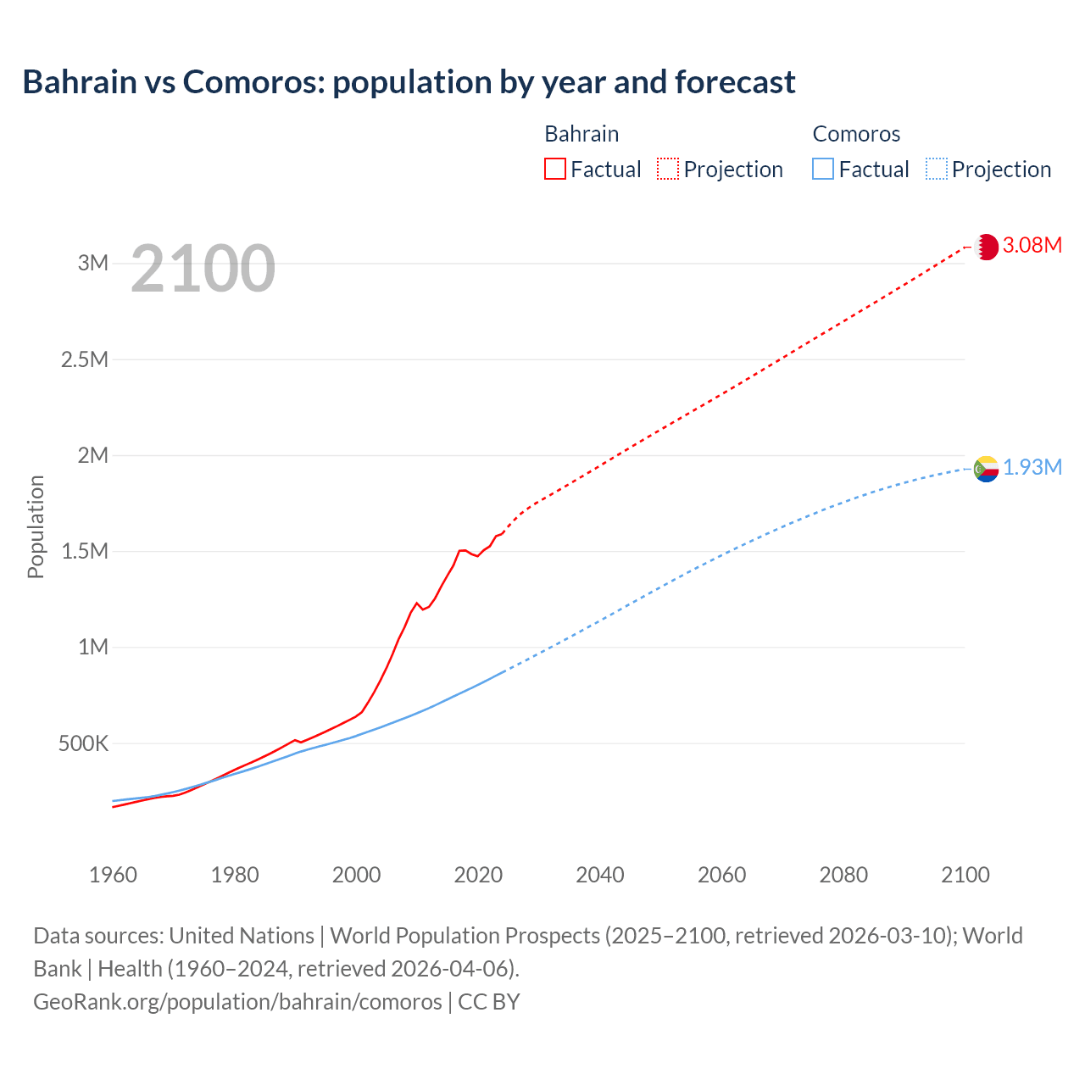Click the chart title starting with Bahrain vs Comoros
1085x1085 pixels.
pos(409,82)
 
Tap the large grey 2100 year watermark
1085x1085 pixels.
pos(203,269)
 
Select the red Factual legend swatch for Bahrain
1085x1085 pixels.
pos(554,170)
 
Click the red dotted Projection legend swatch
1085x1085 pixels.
pos(668,170)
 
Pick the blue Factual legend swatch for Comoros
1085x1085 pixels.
pos(822,170)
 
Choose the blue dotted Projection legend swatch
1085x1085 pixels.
pos(936,170)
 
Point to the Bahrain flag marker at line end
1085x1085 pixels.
pos(986,247)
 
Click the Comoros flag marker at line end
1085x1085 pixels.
pos(986,469)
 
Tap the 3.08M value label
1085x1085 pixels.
pos(1032,246)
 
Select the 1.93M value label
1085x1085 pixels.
pos(1032,468)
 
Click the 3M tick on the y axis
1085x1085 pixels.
pos(93,263)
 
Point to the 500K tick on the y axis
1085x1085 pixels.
pos(83,744)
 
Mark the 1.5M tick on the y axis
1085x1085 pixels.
pos(85,552)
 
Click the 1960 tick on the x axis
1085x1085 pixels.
pos(113,875)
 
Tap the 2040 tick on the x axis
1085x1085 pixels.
pos(600,875)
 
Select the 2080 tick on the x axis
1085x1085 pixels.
pos(843,875)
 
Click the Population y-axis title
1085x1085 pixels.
pos(36,526)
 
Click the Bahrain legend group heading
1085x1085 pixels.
pos(581,134)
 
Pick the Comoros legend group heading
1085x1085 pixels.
pos(856,134)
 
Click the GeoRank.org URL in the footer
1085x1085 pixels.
pos(237,1002)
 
